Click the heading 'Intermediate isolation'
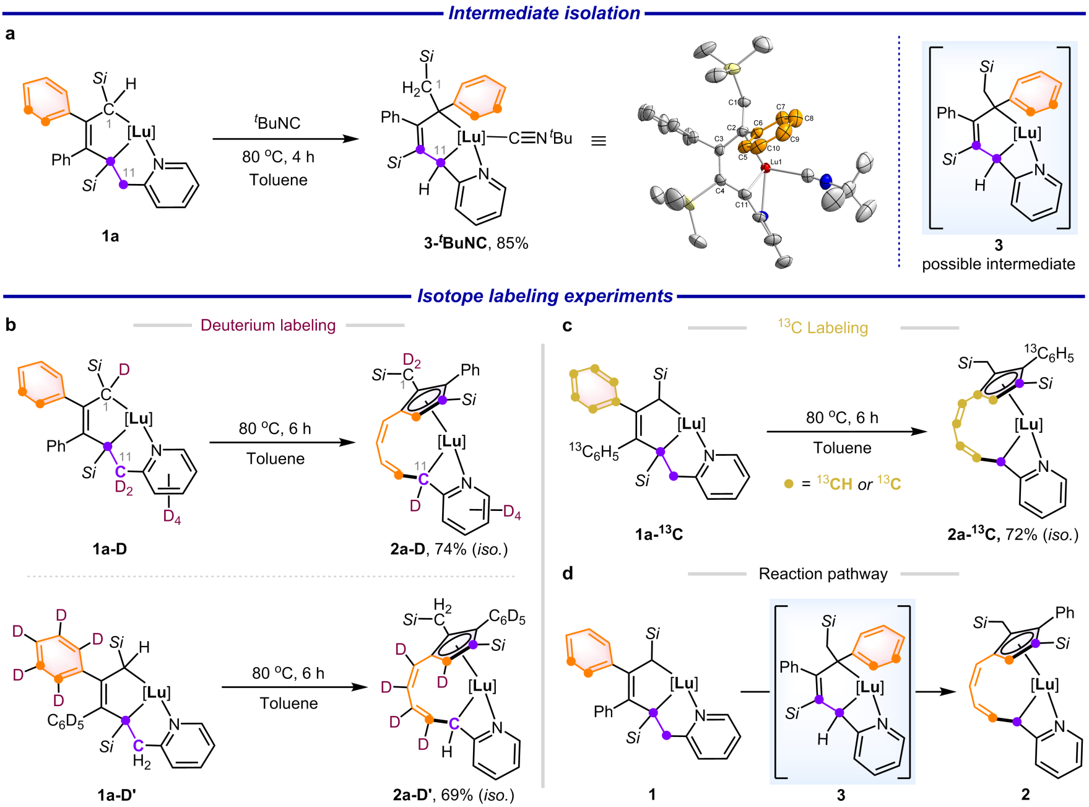(x=544, y=13)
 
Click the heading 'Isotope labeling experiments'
(x=545, y=296)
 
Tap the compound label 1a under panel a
(x=110, y=236)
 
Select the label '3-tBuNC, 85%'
(x=475, y=243)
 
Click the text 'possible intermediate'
(x=998, y=264)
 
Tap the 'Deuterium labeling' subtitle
(x=268, y=325)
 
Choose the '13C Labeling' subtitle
(x=823, y=327)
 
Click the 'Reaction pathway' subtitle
(x=823, y=574)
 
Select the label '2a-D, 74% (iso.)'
(x=449, y=549)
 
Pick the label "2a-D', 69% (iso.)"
(x=453, y=795)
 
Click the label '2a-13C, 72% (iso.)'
(x=1013, y=534)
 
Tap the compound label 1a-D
(x=110, y=549)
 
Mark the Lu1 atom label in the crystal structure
(x=776, y=162)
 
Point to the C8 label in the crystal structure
(x=809, y=118)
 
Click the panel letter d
(x=567, y=574)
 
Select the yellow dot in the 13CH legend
(x=788, y=484)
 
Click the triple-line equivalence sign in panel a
(x=598, y=141)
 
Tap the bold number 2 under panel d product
(x=1025, y=795)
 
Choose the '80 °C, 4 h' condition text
(x=278, y=157)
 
